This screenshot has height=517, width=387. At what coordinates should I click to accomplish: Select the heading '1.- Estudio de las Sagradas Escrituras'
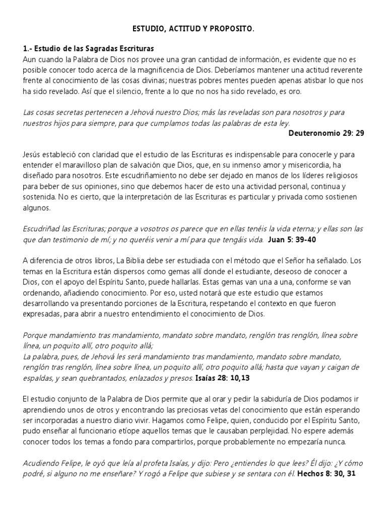coord(88,49)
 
